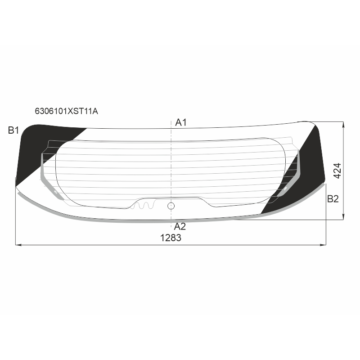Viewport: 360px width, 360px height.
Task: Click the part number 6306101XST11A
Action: [x=66, y=111]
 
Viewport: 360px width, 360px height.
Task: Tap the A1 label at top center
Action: [x=181, y=122]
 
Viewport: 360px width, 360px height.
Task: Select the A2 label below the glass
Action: [x=180, y=226]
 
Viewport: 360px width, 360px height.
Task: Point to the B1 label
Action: [x=13, y=130]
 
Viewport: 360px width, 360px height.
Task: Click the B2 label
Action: [x=333, y=199]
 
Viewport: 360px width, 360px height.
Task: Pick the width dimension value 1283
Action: [x=171, y=238]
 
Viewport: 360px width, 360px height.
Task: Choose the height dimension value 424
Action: [x=337, y=171]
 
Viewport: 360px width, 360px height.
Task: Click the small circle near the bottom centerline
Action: [x=171, y=206]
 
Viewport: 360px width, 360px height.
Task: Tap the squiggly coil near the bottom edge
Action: [x=144, y=205]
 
